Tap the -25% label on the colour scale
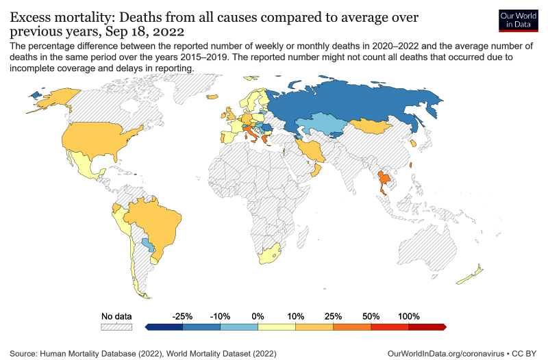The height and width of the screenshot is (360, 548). pyautogui.click(x=183, y=316)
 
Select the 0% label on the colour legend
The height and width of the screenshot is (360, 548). pyautogui.click(x=258, y=316)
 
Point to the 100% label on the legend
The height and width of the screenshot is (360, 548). pyautogui.click(x=408, y=316)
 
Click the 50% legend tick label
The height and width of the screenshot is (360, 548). pyautogui.click(x=371, y=316)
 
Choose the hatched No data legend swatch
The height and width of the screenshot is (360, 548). pyautogui.click(x=116, y=327)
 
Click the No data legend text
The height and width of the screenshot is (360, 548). pyautogui.click(x=116, y=316)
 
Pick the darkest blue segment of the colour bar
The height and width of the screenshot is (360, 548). pyautogui.click(x=165, y=327)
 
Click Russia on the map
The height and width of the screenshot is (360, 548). pyautogui.click(x=356, y=103)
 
